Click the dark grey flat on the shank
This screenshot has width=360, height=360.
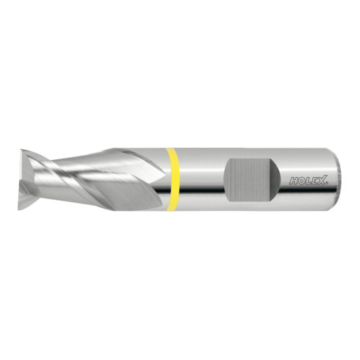click(x=251, y=179)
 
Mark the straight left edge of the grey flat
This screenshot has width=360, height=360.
click(x=226, y=179)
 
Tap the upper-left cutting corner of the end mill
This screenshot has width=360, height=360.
click(x=23, y=152)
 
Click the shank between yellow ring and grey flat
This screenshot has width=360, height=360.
click(x=201, y=179)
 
